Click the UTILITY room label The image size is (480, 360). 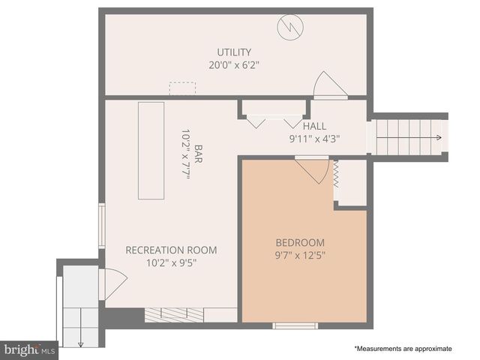coord(234,52)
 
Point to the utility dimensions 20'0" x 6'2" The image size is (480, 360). coord(234,64)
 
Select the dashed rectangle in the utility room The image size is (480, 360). coord(182,88)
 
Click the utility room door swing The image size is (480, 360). coord(328,85)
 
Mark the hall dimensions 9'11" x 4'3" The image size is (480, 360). coord(315,138)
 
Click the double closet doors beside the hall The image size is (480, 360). coord(274,121)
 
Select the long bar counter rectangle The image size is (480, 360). coord(151,150)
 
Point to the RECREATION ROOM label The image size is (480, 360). coord(171,250)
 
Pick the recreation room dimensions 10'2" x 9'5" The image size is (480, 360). coord(171,262)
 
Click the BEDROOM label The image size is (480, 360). coord(300,242)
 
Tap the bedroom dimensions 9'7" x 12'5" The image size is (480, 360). coord(300,254)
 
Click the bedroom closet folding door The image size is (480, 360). coord(337,176)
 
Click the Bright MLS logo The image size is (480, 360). coord(29,349)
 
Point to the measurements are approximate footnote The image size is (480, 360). coord(403,349)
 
